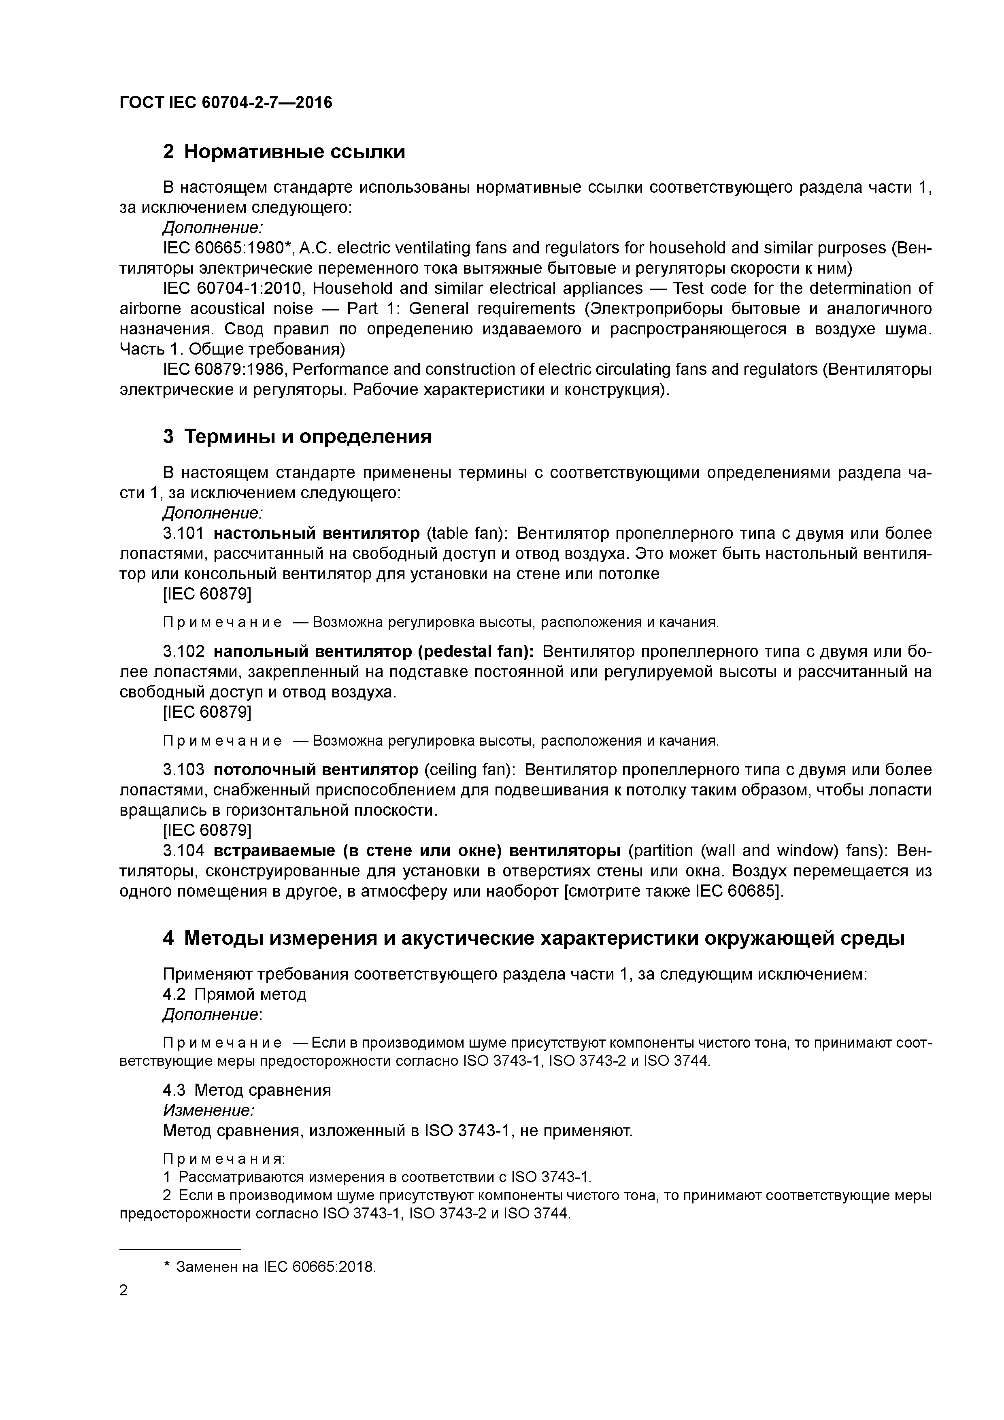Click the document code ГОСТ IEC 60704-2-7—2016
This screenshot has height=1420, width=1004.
226,102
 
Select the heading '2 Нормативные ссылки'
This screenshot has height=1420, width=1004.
284,151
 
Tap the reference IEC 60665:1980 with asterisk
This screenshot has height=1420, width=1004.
230,248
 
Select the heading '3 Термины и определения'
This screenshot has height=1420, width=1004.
297,437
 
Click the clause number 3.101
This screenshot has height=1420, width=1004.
183,533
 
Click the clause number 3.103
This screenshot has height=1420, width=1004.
183,770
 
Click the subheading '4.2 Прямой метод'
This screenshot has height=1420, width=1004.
234,994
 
